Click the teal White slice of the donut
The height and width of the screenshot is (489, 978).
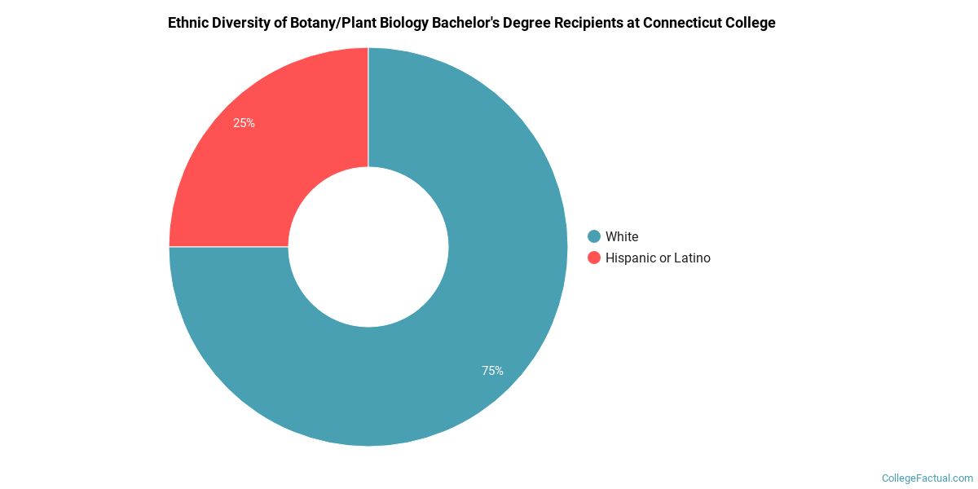tap(489, 310)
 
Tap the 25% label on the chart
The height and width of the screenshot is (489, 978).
tap(244, 123)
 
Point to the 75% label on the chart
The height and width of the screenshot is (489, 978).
tap(492, 371)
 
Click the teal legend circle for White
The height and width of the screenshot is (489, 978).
tap(594, 236)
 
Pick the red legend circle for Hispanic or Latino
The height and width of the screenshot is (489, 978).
tap(594, 258)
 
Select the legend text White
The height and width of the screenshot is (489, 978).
tap(622, 236)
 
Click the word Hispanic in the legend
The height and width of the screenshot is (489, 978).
tap(631, 258)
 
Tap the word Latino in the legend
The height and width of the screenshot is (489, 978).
tap(692, 258)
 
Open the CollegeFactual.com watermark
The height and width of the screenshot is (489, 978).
tap(927, 478)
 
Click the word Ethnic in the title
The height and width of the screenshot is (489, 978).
tap(187, 23)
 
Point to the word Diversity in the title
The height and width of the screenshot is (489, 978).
tap(240, 23)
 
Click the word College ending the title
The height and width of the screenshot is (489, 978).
tap(751, 23)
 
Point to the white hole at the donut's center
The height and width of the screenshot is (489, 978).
tap(368, 247)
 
